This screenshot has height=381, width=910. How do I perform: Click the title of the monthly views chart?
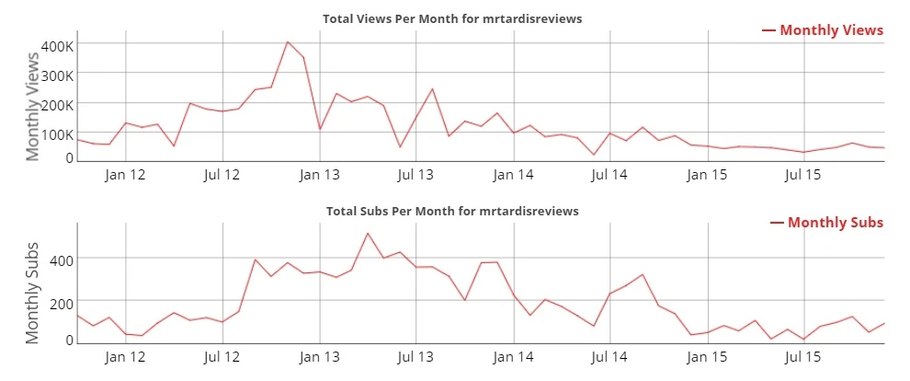tap(452, 18)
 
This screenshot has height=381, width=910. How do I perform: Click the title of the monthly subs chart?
tap(452, 211)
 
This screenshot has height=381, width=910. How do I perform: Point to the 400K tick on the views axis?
tap(57, 44)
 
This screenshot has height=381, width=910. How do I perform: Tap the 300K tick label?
tap(57, 74)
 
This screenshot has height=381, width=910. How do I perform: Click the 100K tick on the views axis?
tap(57, 133)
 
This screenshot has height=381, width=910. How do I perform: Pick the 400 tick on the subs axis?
tap(62, 260)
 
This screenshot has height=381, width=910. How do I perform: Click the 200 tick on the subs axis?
tap(62, 302)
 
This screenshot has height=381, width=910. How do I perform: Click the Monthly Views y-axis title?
tap(33, 106)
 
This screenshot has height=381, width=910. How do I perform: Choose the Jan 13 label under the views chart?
tap(320, 173)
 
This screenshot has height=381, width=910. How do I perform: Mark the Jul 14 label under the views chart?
tap(609, 173)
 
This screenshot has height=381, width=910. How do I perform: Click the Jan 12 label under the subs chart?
tap(126, 355)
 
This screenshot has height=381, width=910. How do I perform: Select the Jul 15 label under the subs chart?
tap(804, 355)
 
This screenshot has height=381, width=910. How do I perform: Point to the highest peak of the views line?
tap(287, 41)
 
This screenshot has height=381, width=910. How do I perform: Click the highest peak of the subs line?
tap(368, 233)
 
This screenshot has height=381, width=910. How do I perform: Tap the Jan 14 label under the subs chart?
tap(513, 355)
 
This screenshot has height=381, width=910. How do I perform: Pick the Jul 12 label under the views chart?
tap(222, 173)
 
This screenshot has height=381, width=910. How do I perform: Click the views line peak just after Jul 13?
tap(432, 89)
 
